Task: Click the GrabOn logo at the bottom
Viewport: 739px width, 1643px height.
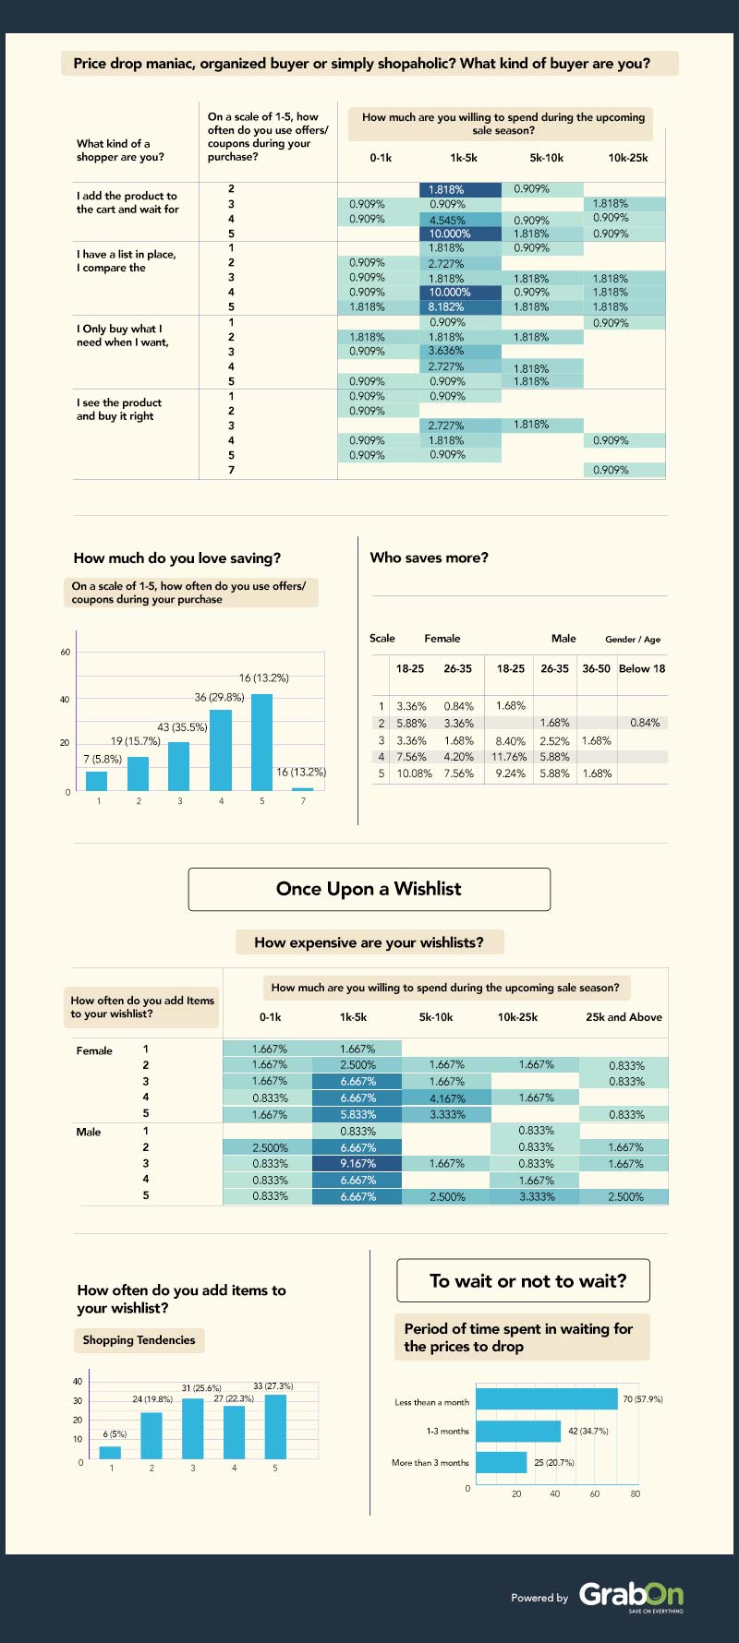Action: [631, 1595]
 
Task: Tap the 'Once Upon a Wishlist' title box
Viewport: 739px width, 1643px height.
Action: [369, 889]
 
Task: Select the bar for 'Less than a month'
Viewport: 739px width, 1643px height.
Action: [546, 1399]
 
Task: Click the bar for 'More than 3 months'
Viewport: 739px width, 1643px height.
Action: [501, 1462]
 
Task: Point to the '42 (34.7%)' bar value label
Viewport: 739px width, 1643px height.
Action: [588, 1431]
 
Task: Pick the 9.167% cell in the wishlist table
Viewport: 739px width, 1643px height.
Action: [357, 1164]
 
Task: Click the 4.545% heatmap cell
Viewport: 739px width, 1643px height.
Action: [448, 220]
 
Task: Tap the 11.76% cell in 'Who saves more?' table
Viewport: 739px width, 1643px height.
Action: [510, 757]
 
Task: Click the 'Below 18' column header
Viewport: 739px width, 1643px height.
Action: [642, 668]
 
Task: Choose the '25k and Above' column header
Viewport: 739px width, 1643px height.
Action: [624, 1017]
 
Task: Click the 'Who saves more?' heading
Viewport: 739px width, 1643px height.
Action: [429, 558]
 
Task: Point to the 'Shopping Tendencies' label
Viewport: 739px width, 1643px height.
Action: [139, 1340]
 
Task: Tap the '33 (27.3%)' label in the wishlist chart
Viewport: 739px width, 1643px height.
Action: [273, 1386]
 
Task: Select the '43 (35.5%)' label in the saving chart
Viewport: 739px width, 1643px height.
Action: [182, 727]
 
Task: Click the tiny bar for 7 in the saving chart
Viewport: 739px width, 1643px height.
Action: [303, 789]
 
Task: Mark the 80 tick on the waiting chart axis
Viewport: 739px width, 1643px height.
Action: [636, 1493]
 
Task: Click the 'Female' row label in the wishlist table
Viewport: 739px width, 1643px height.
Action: [94, 1050]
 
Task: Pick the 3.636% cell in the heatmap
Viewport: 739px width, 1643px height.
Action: [446, 352]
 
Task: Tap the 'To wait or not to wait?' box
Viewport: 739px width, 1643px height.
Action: [523, 1281]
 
